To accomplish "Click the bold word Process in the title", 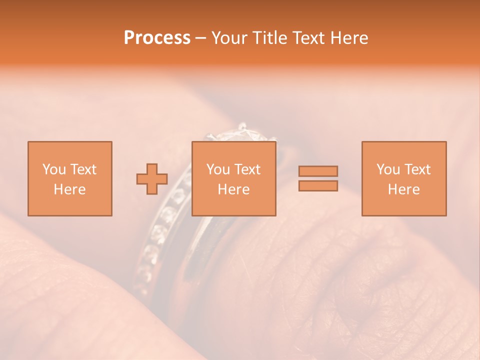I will pos(157,38).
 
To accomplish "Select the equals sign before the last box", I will pos(318,178).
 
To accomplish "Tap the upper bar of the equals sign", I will pos(318,171).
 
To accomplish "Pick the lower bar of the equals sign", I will pos(318,186).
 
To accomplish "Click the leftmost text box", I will pos(69,178).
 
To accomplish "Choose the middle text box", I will pos(233,178).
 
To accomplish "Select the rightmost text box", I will pos(403,178).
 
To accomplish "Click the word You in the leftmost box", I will pos(54,169).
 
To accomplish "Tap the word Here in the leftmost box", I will pos(69,189).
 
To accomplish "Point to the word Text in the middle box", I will pos(247,169).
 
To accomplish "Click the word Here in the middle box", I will pos(233,189).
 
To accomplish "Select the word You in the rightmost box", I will pos(388,169).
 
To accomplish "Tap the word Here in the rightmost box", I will pos(403,189).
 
